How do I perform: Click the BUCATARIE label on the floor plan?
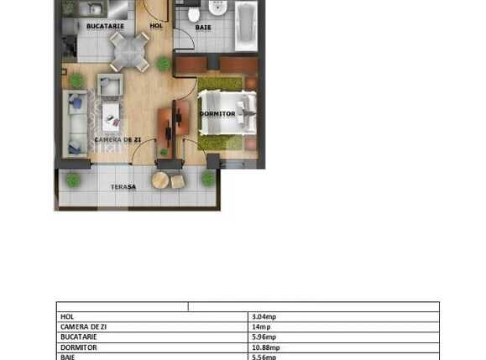click(x=105, y=26)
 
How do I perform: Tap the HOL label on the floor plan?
click(x=156, y=26)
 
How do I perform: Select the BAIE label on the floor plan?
click(x=203, y=28)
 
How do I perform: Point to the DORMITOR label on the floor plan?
click(x=217, y=113)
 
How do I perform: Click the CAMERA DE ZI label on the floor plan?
click(x=117, y=138)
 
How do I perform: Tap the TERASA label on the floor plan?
click(x=123, y=186)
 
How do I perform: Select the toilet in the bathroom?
click(x=193, y=13)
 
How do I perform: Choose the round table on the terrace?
click(x=160, y=180)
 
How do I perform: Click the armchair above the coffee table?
click(x=110, y=85)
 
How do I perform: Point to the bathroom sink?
click(x=217, y=8)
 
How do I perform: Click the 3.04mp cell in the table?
click(x=264, y=316)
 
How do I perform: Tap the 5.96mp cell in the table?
click(x=264, y=337)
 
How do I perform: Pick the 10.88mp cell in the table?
click(x=265, y=347)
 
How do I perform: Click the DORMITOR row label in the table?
click(x=79, y=347)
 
